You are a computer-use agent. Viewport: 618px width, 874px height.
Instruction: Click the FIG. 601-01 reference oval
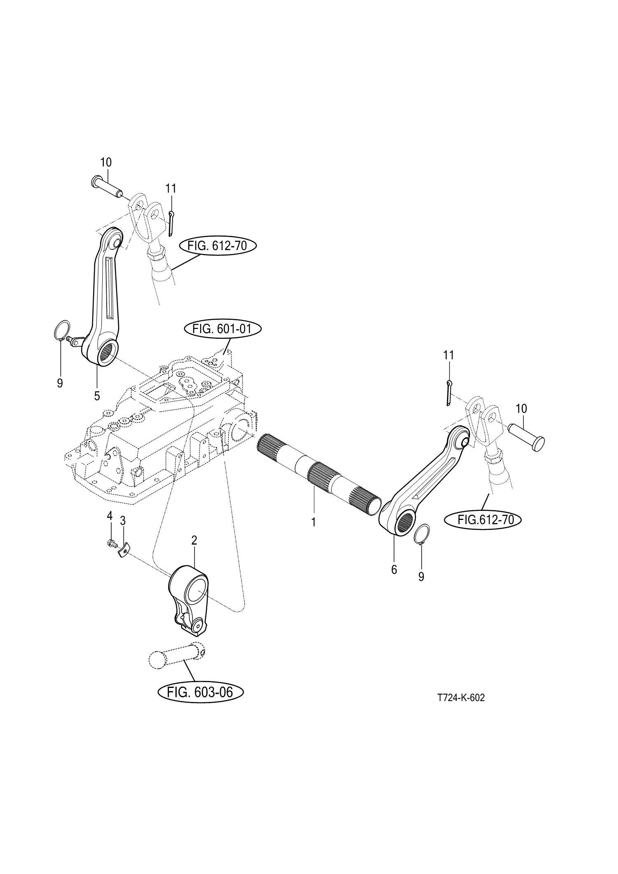tap(222, 329)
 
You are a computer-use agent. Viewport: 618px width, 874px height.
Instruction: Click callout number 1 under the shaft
tap(313, 522)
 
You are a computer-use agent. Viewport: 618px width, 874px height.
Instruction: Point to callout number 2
tap(194, 541)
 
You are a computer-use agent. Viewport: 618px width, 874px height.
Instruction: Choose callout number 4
tap(110, 515)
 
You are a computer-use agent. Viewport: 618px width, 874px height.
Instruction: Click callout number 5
tap(97, 396)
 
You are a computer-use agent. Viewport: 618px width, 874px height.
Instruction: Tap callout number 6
tap(394, 570)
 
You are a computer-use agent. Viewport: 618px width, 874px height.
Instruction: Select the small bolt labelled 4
tap(111, 544)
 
